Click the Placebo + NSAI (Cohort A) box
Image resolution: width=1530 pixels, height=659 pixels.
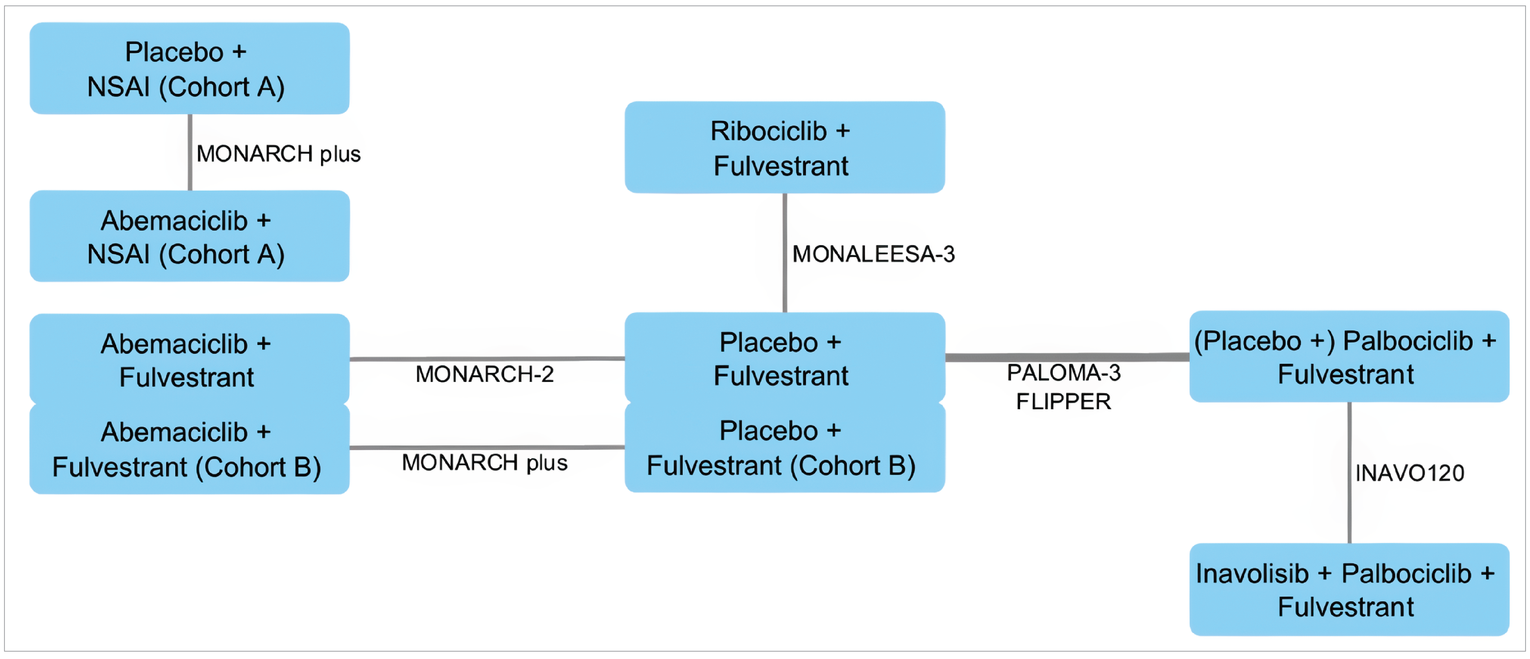189,68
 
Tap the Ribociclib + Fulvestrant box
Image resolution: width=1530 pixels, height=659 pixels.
784,147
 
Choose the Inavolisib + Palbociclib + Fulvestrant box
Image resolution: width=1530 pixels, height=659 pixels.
1349,590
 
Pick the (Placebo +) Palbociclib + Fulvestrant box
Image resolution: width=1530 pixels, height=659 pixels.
1349,357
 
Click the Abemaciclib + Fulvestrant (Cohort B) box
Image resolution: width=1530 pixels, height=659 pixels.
189,449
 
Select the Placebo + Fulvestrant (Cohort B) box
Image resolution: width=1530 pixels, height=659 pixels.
784,448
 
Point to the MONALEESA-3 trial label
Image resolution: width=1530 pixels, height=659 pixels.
873,254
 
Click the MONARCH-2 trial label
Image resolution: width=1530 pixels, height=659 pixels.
484,374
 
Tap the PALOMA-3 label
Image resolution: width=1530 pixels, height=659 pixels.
1063,373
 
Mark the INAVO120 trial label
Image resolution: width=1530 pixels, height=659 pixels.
1409,473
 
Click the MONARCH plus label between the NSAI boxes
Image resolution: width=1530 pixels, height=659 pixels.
278,154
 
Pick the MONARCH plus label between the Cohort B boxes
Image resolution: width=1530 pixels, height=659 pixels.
484,462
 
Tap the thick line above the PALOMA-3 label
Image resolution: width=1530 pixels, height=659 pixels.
1067,357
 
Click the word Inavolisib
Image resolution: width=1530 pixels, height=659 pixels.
1252,573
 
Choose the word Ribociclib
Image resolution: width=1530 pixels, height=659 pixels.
768,131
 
